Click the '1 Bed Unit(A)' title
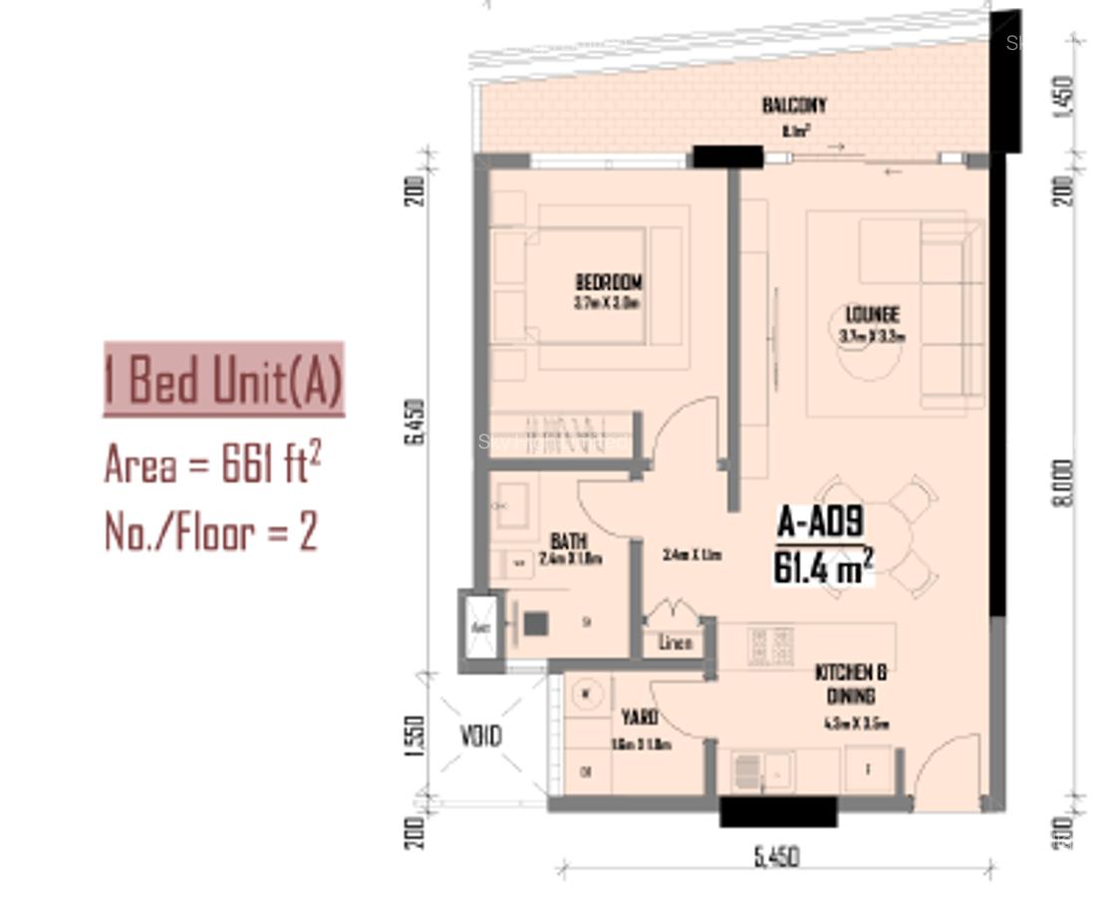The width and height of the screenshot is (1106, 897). tap(224, 380)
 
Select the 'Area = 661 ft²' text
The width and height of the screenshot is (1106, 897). tap(212, 463)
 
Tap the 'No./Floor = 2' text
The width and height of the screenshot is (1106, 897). tap(211, 531)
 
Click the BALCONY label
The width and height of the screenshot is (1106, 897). tap(794, 106)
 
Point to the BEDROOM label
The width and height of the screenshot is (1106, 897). tap(608, 283)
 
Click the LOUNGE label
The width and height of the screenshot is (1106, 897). tap(872, 315)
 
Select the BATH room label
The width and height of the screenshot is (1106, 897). tap(568, 541)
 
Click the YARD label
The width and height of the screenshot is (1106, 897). tap(639, 718)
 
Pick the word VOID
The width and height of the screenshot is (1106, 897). tap(480, 737)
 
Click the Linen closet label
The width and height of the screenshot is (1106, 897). tap(676, 643)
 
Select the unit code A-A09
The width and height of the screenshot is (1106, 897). tap(820, 523)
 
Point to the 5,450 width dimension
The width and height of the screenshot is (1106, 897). tap(775, 856)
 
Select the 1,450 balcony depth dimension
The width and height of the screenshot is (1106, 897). tap(1063, 96)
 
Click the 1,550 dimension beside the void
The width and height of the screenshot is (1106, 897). tap(417, 736)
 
